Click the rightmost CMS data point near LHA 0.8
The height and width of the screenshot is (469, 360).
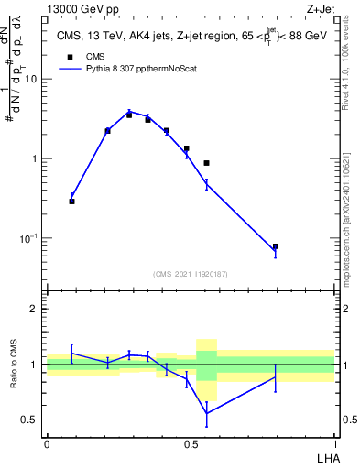275,246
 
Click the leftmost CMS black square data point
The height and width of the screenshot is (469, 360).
71,201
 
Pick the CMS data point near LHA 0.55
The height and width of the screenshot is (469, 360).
207,163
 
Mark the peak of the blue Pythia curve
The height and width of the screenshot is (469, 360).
130,112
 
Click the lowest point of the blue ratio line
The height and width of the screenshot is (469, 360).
207,413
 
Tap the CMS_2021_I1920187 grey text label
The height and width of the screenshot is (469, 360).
190,274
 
